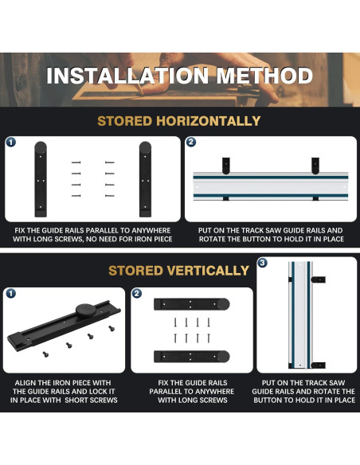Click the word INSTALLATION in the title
127,76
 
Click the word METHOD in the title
264,76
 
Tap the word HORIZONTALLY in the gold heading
208,121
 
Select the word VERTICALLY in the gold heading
208,271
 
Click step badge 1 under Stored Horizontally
11,143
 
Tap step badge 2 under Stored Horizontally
191,143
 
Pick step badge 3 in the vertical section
262,263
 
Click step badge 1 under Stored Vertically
10,294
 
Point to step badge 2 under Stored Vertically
136,294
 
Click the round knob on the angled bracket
86,311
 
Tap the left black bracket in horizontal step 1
41,179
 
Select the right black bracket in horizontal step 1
145,179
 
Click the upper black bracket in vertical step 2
192,304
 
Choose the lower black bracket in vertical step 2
192,357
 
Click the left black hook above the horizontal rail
226,166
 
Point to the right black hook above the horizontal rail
315,166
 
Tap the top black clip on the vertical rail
319,279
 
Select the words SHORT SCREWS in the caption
92,400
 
